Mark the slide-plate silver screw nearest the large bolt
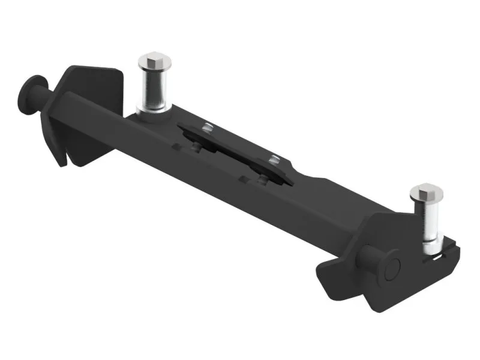208,127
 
